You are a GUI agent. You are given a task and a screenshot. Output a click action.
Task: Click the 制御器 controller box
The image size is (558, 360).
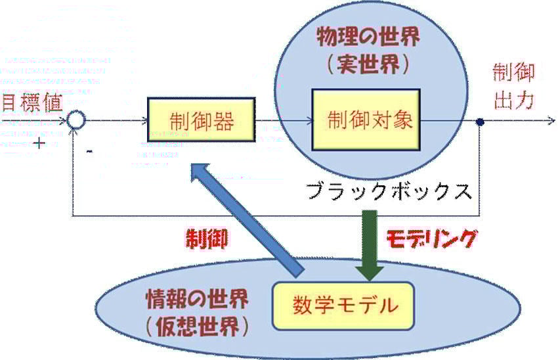(x=200, y=121)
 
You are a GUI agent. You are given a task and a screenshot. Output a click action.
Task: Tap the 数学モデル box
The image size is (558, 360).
(x=343, y=305)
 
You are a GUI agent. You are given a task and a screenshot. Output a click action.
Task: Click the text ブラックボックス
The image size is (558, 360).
(x=389, y=192)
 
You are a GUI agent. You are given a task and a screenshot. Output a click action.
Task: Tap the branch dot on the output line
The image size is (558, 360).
(x=480, y=122)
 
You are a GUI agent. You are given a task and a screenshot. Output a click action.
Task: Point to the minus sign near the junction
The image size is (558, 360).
(x=90, y=150)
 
